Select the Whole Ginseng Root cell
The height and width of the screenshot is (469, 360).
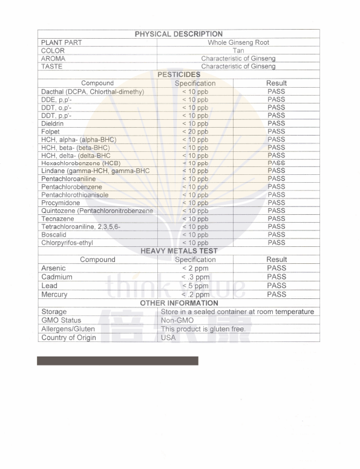[x=238, y=42]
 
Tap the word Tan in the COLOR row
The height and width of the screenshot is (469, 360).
[x=238, y=51]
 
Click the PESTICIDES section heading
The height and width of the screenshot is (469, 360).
[x=178, y=74]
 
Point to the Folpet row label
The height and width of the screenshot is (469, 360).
[x=50, y=131]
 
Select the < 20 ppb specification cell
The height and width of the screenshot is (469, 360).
[x=195, y=131]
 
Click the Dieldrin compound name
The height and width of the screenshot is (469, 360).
[x=53, y=123]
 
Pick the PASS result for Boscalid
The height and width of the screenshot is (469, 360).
[x=277, y=234]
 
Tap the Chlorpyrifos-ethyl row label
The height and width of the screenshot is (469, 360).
[x=67, y=243]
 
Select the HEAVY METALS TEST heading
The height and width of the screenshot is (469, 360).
[x=179, y=251]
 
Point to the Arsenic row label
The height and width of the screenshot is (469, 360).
[x=53, y=268]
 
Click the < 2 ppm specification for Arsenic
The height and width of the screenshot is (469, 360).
[x=195, y=268]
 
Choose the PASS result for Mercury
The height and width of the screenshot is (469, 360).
[x=277, y=294]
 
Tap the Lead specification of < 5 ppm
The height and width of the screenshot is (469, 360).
[x=195, y=286]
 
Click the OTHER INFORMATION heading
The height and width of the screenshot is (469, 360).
[x=179, y=303]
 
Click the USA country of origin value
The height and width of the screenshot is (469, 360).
[x=168, y=338]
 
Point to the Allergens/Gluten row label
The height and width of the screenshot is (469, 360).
[x=68, y=329]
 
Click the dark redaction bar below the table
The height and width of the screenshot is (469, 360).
[x=117, y=361]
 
